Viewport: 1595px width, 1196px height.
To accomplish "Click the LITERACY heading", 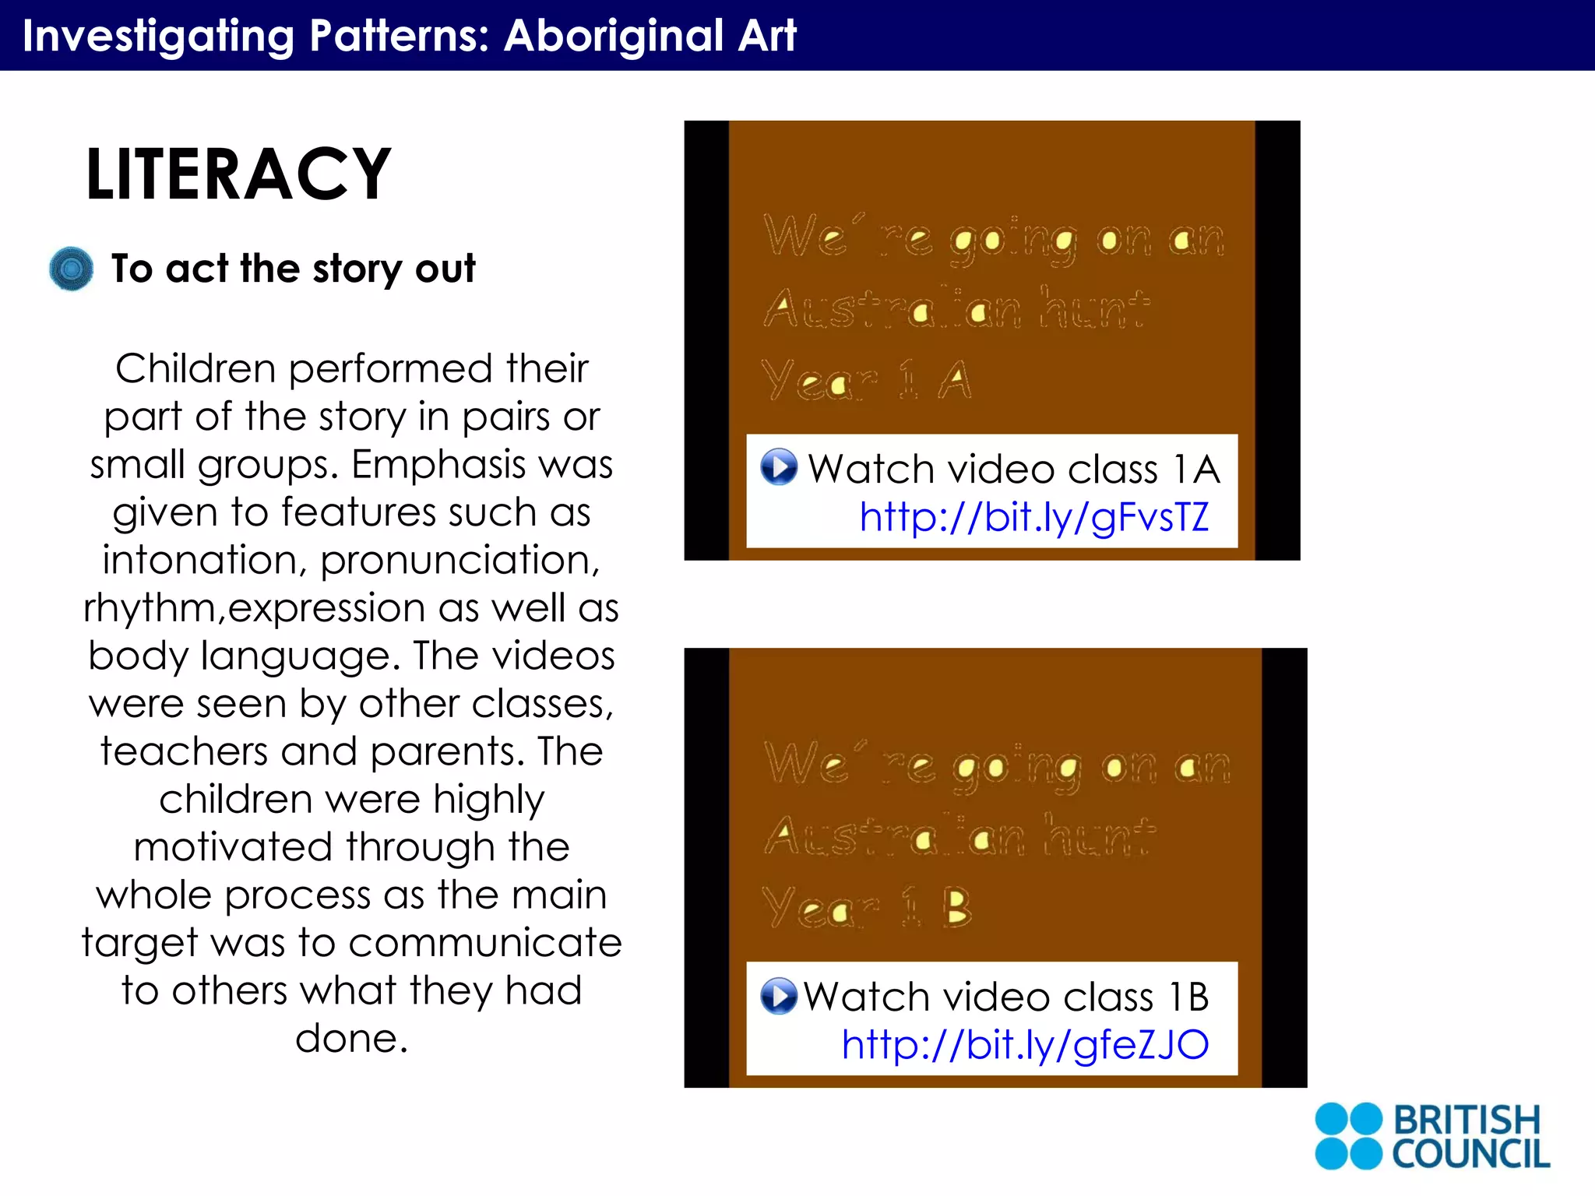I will [x=238, y=174].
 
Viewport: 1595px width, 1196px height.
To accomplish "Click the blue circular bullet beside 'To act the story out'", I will [x=71, y=269].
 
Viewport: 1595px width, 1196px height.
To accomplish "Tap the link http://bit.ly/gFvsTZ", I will [x=1034, y=517].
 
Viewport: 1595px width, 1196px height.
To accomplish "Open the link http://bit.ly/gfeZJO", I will [x=1025, y=1045].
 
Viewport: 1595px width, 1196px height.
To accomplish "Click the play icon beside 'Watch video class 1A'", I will [x=779, y=467].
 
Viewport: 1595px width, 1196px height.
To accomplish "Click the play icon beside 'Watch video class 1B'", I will [x=779, y=996].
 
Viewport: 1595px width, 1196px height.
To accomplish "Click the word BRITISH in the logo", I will [x=1466, y=1120].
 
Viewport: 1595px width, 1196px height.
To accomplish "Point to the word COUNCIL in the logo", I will [x=1470, y=1154].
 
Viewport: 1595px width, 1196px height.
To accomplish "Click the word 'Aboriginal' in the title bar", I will [x=614, y=36].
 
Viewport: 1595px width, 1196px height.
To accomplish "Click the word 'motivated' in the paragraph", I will [x=234, y=847].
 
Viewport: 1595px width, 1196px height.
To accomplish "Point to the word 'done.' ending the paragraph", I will [x=351, y=1039].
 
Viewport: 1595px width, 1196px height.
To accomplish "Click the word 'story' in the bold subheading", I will [x=357, y=269].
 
